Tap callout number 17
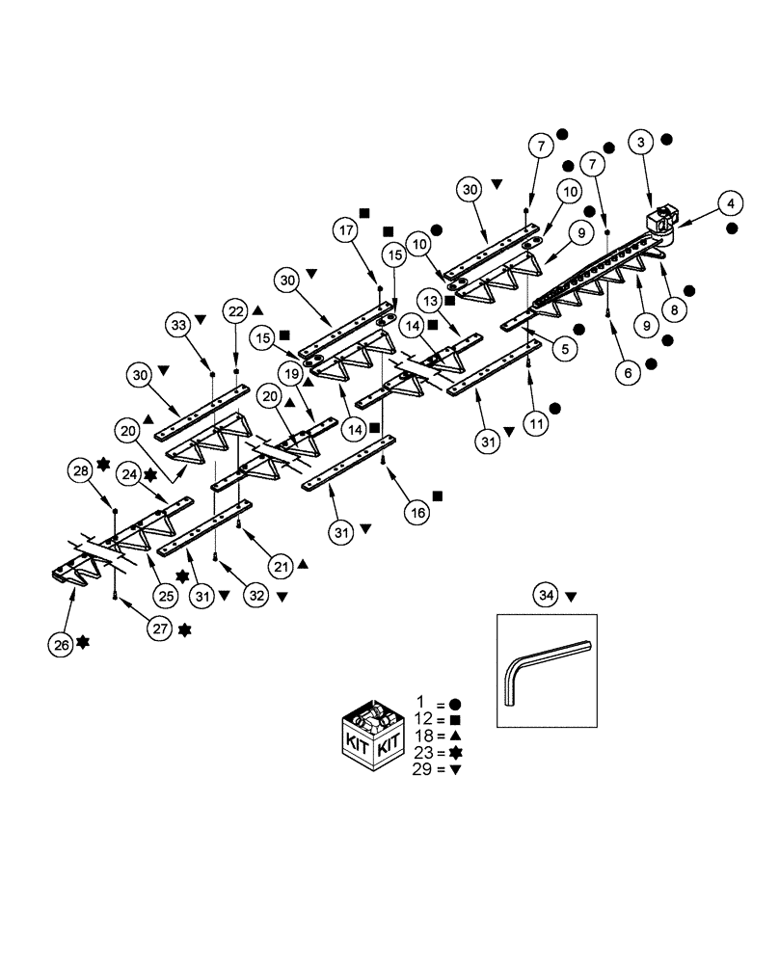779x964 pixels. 346,231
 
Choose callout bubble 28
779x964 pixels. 82,470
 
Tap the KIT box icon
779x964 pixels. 373,732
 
